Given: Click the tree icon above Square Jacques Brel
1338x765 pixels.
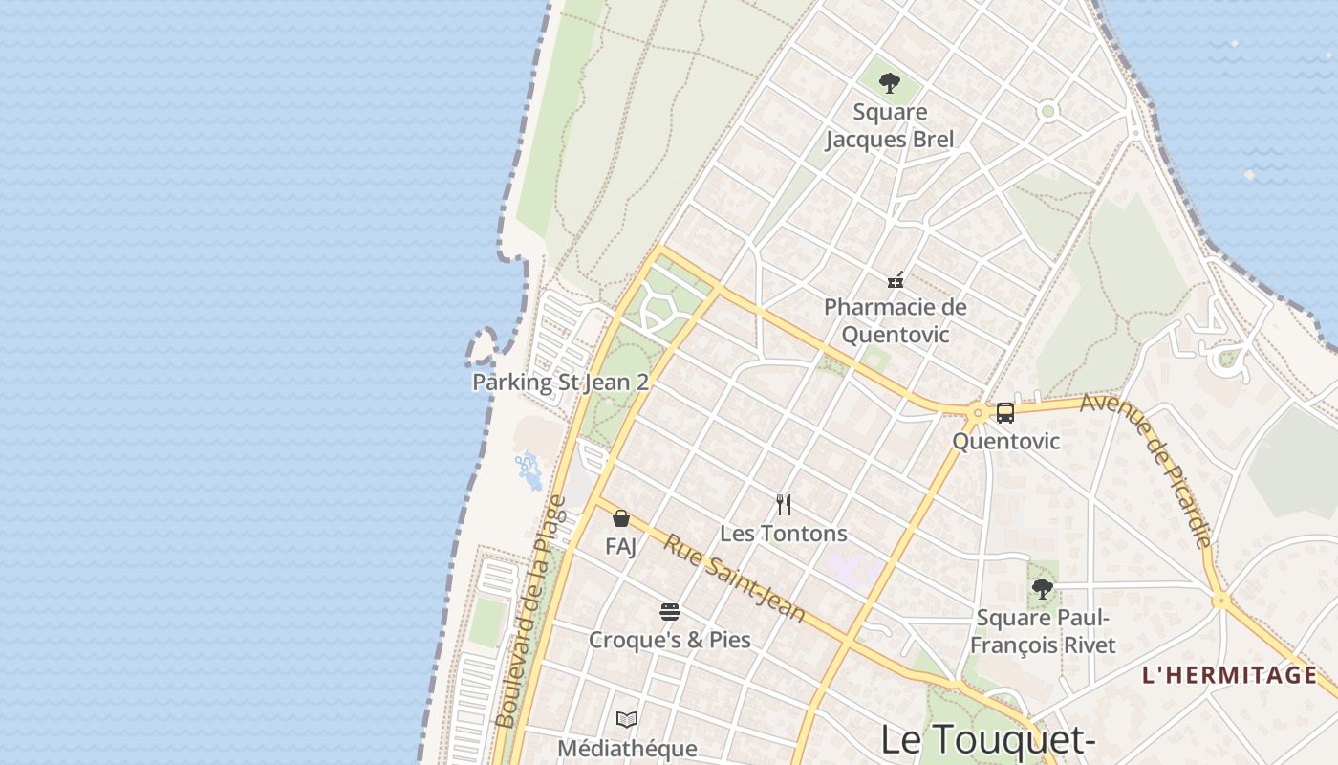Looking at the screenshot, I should [890, 83].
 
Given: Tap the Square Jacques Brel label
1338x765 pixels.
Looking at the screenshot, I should [890, 125].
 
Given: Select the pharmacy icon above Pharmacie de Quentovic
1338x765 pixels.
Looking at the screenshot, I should [896, 280].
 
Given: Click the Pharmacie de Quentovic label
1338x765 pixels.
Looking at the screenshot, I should [896, 320].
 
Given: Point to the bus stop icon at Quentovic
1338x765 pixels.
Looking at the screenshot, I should [1004, 413].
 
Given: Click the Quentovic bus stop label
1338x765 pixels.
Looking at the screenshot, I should [1006, 441].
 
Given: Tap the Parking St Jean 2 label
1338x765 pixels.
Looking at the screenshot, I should [560, 382].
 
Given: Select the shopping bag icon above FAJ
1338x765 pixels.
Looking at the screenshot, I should [621, 518].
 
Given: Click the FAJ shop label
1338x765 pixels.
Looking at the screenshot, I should [621, 546].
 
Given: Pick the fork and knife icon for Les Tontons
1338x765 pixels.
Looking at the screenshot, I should [784, 504].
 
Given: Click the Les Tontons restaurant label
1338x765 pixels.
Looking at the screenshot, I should [784, 533].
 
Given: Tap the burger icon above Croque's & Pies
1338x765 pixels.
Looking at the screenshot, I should [670, 612].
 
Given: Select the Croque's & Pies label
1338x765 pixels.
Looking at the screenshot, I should [670, 640].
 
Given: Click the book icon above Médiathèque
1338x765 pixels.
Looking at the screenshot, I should [627, 719].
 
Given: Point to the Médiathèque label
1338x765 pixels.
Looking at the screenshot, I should [627, 748].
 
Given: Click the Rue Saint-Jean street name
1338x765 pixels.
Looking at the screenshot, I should [735, 578].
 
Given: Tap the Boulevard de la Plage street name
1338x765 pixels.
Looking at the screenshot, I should [531, 612].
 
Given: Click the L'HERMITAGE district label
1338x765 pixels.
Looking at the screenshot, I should [1229, 675].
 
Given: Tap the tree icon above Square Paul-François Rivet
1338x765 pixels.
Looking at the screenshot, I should [1043, 589].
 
